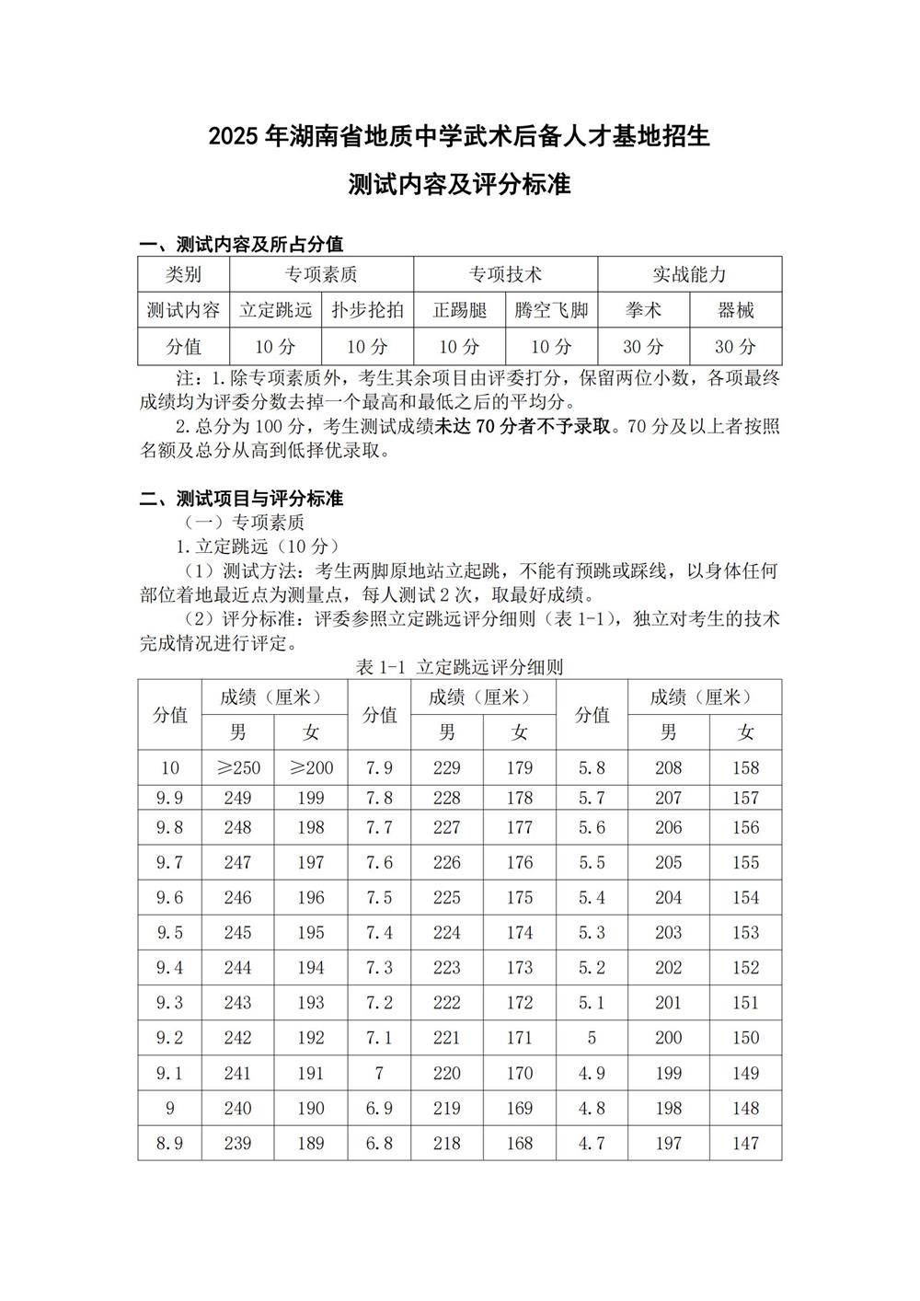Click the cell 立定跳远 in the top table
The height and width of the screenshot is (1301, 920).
pos(276,310)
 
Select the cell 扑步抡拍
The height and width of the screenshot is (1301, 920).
pos(368,310)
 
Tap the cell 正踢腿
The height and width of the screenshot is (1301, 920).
pos(460,310)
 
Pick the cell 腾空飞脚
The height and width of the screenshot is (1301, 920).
pos(552,310)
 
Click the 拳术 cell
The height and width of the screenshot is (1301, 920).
pos(643,310)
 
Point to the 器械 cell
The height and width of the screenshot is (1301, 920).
pos(736,310)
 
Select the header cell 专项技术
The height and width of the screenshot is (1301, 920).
pos(505,274)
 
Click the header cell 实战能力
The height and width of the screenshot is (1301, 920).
pos(689,274)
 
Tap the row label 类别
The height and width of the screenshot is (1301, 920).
pos(183,274)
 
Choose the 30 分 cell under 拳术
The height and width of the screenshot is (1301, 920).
pos(643,347)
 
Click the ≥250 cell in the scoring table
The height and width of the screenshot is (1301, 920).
pos(238,767)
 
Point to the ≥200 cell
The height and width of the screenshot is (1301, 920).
pos(311,767)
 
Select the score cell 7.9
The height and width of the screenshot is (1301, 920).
pos(379,767)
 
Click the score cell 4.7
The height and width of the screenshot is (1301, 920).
pos(592,1143)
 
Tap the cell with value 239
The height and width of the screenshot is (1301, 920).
pos(238,1143)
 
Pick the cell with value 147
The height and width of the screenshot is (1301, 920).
pos(745,1143)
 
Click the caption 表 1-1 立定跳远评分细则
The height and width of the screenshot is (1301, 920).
pos(459,667)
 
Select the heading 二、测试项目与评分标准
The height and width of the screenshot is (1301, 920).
pos(241,499)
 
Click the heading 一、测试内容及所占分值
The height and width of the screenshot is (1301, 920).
pos(241,244)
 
